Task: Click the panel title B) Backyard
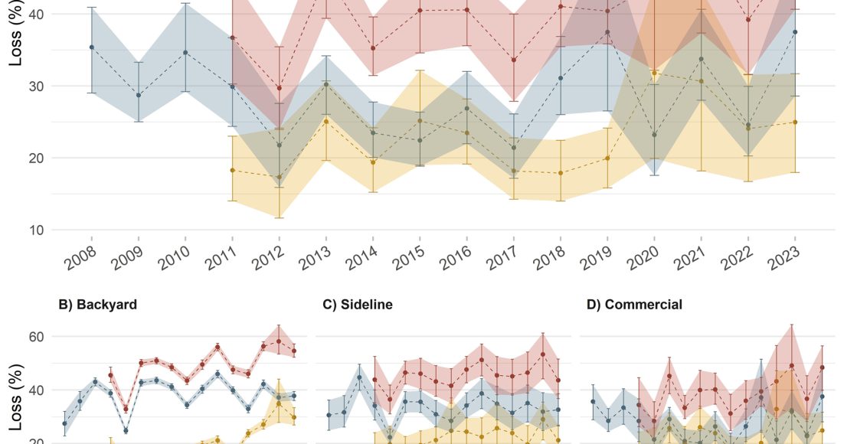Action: (98, 305)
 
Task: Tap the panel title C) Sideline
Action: (357, 305)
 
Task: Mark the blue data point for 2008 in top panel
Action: (92, 47)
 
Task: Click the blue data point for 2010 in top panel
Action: (185, 52)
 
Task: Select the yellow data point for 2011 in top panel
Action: (232, 170)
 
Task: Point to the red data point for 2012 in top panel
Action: (279, 88)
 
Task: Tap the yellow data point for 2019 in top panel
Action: (607, 158)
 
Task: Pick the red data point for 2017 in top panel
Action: (513, 60)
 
